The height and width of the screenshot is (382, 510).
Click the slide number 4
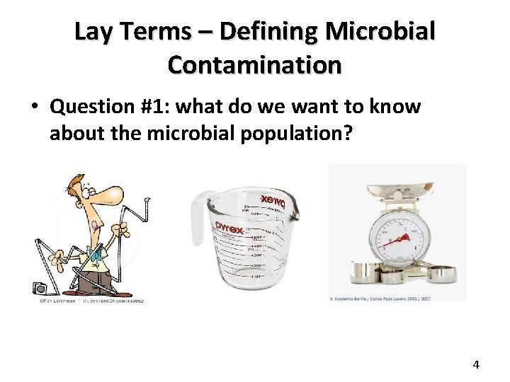point(476,365)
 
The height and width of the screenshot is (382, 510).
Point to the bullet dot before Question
point(33,108)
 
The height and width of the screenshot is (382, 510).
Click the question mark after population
point(346,134)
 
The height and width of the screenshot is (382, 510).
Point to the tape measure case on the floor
point(40,288)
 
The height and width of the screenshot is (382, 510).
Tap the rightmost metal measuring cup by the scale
point(442,272)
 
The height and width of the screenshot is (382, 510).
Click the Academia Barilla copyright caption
point(380,299)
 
